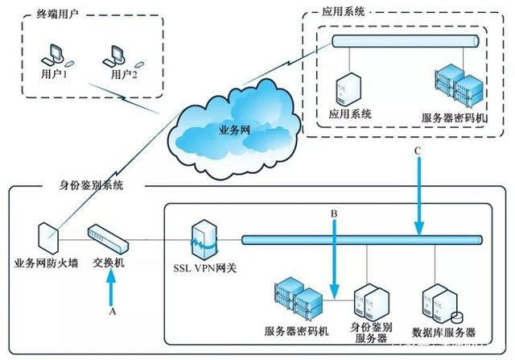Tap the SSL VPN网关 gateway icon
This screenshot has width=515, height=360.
[x=202, y=239]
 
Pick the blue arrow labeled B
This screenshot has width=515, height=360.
[x=336, y=258]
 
